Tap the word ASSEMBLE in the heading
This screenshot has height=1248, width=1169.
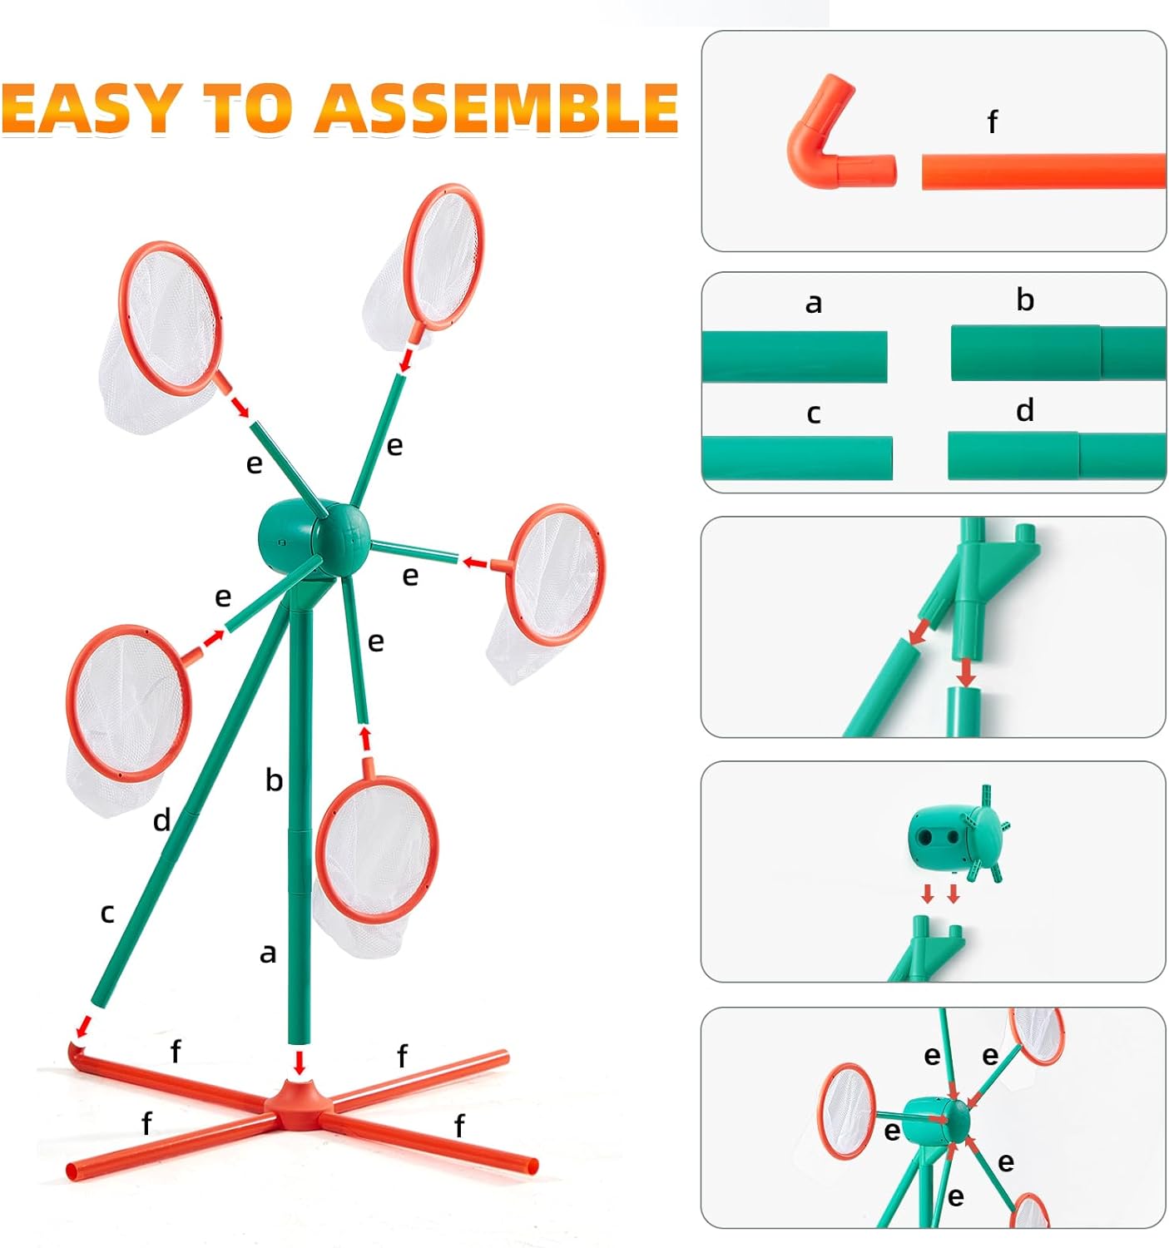point(497,108)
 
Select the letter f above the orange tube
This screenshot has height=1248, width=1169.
point(992,121)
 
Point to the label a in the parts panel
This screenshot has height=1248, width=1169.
point(813,304)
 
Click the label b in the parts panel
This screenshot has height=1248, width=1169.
point(1025,300)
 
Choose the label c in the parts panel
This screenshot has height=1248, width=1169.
point(813,414)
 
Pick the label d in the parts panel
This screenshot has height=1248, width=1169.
point(1025,409)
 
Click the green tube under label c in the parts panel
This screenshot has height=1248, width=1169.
point(797,458)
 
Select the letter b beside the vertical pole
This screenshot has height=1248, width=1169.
point(274,780)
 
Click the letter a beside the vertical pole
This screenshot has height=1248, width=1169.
point(268,953)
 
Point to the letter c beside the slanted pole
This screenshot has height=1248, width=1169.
point(107,913)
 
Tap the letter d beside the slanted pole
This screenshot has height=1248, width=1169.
point(161,820)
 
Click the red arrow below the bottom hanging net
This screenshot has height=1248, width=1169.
point(365,738)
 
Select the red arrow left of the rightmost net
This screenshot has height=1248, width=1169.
point(476,561)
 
